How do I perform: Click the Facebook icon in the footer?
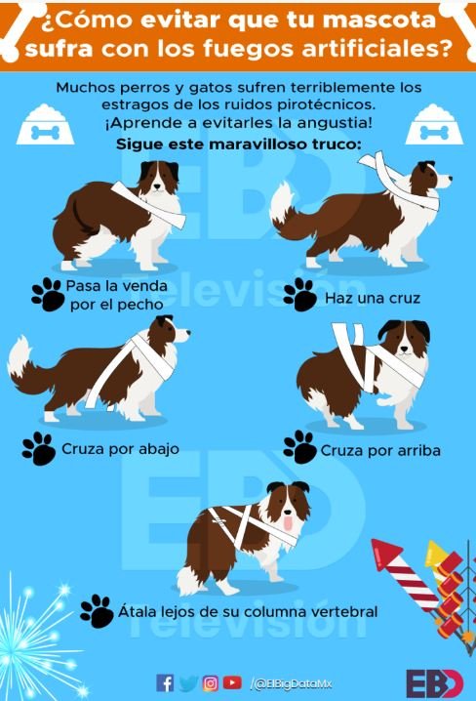click(165, 683)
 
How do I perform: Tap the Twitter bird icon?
click(188, 683)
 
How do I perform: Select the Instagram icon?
click(211, 683)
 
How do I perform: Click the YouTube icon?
click(232, 682)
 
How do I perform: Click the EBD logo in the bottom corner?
click(435, 684)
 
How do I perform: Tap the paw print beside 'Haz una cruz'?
click(300, 295)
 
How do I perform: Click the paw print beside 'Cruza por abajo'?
click(39, 448)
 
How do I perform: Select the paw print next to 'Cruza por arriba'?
click(300, 447)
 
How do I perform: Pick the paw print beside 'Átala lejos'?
click(97, 611)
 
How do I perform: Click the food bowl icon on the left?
click(45, 125)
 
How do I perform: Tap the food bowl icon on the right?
click(434, 125)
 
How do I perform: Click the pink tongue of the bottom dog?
click(289, 522)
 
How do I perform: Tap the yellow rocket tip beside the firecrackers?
click(435, 553)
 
